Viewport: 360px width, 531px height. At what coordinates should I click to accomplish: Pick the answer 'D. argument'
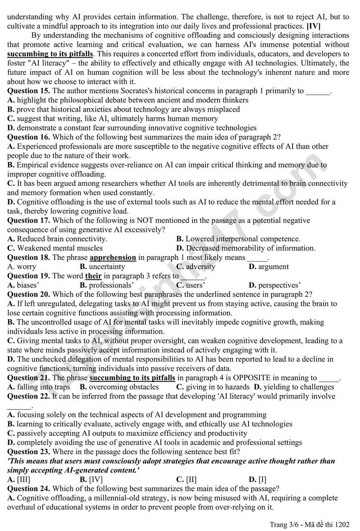(269, 267)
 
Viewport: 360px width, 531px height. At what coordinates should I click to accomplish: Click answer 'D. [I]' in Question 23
(258, 479)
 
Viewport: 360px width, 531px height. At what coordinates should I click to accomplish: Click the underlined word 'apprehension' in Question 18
(113, 257)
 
